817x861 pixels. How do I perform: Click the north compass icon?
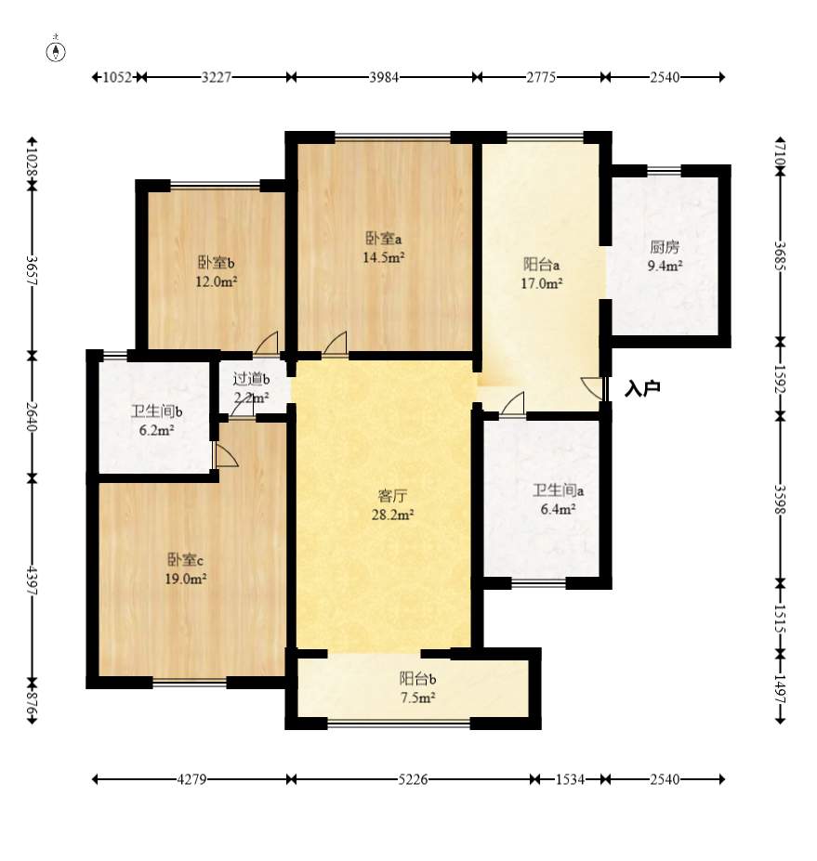coord(56,50)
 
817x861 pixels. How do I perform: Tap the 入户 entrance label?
coord(642,389)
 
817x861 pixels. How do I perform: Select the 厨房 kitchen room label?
coord(665,247)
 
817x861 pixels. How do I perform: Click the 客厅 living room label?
coord(392,496)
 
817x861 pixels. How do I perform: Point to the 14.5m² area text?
coord(384,257)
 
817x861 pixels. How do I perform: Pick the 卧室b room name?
coord(216,263)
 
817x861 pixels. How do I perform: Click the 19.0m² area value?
coord(186,579)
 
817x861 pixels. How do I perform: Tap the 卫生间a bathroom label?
coord(558,489)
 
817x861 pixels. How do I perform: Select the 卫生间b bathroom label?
coord(156,411)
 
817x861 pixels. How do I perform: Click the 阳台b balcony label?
coord(417,679)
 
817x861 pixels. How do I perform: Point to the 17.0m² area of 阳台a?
coord(541,283)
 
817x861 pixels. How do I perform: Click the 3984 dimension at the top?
coord(384,77)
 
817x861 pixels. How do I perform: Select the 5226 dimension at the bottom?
coord(413,779)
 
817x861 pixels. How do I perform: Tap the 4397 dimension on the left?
coord(32,581)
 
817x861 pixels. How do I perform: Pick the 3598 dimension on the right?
coord(780,499)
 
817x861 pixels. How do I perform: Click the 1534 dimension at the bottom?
coord(570,779)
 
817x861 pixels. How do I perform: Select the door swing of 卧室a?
coord(336,343)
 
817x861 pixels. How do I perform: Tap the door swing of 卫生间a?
coord(513,404)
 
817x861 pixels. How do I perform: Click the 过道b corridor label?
coord(251,378)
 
